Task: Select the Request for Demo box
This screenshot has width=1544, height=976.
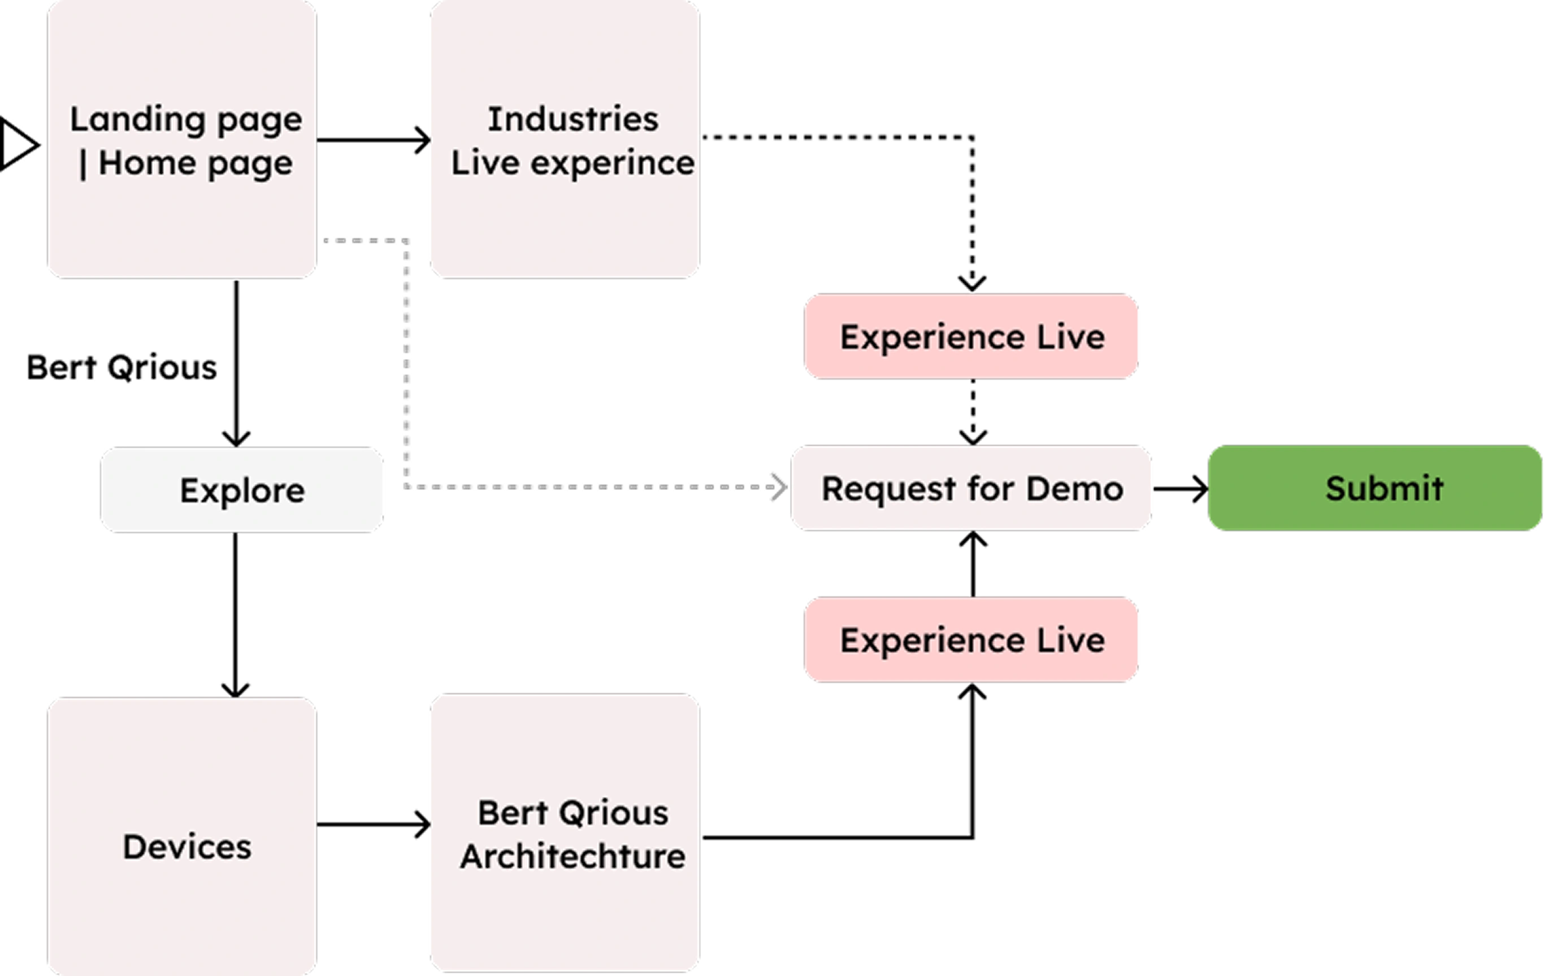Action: (971, 489)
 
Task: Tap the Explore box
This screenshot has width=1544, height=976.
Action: (242, 490)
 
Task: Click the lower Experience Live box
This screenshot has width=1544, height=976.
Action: (971, 640)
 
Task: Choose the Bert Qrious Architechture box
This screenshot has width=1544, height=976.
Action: (564, 833)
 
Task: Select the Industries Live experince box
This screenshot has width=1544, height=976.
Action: (564, 139)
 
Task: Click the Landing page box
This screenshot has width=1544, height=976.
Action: (182, 139)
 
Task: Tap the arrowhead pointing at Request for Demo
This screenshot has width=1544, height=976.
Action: (778, 487)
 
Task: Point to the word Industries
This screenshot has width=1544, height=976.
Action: (573, 119)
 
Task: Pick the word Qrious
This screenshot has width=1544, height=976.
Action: (614, 813)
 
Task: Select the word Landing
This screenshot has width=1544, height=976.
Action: (137, 120)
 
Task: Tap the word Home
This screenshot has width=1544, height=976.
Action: (148, 163)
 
